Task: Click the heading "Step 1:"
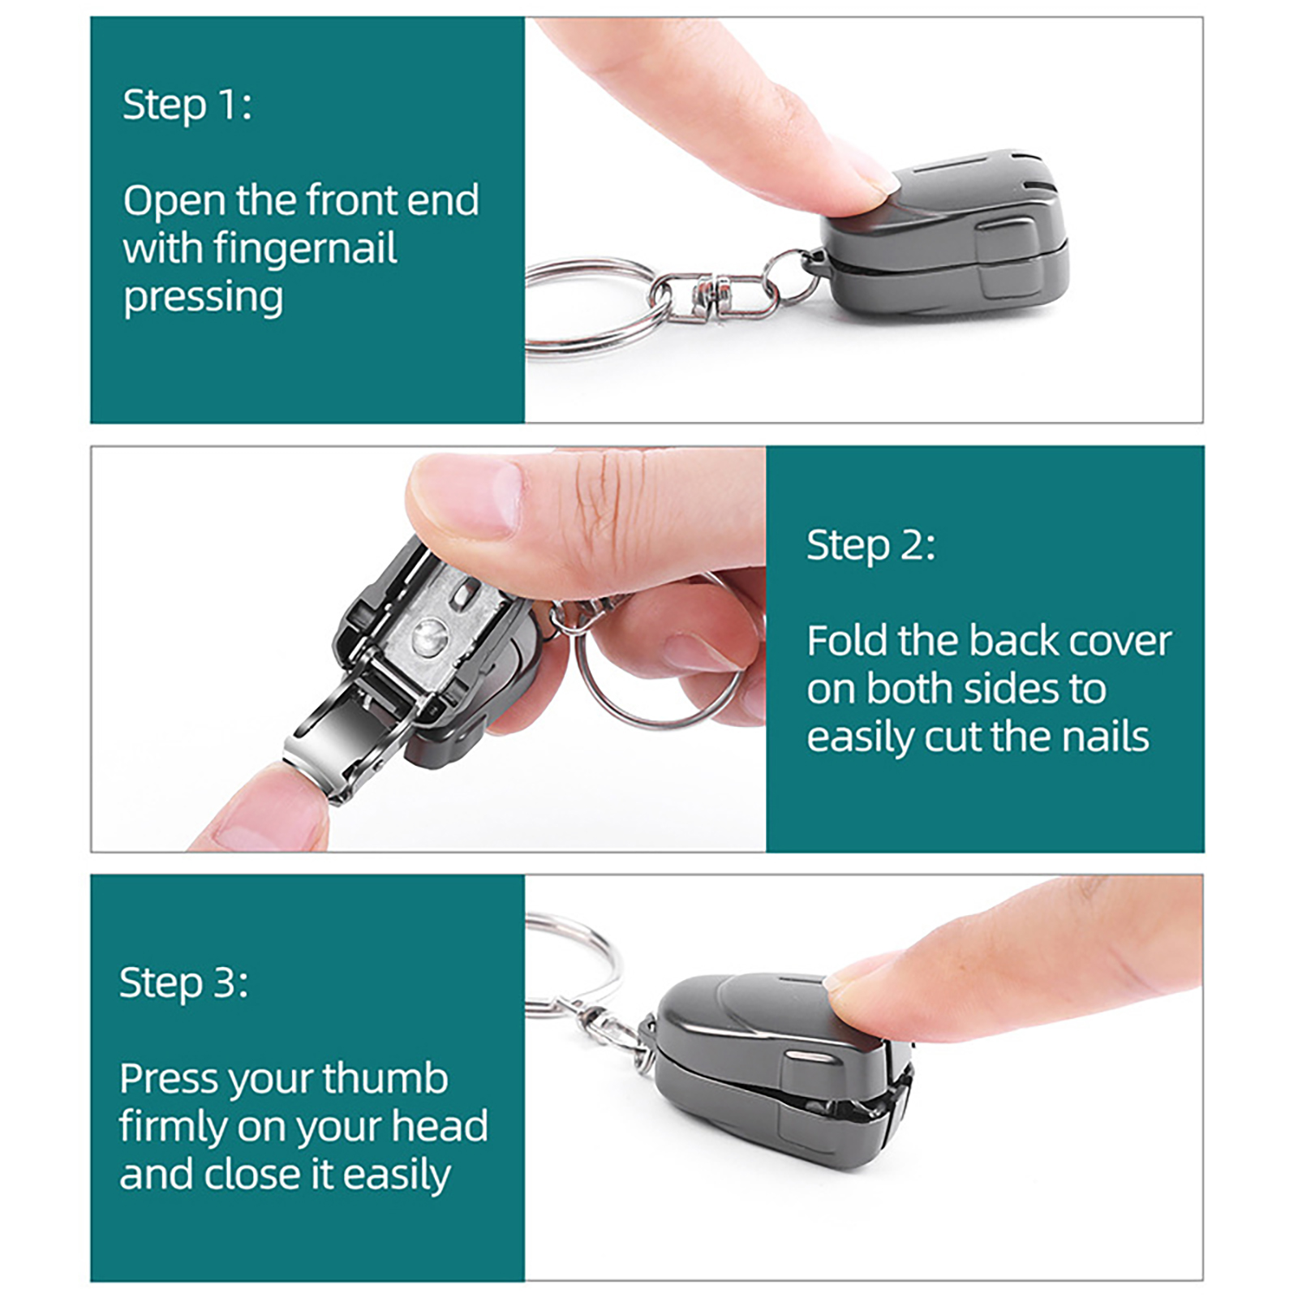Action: [x=187, y=105]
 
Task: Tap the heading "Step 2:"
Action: [x=870, y=545]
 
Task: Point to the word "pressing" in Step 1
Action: [x=203, y=298]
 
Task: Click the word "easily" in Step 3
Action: [x=396, y=1176]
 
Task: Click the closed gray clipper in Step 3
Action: [x=783, y=1071]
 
